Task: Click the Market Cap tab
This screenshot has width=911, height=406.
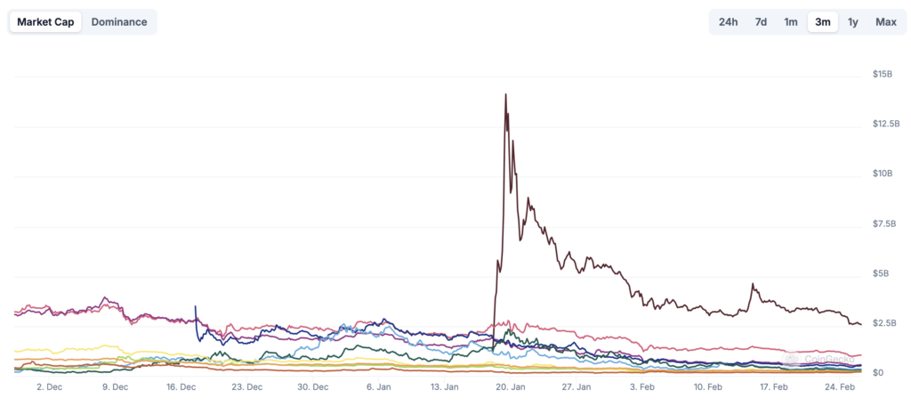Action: tap(45, 22)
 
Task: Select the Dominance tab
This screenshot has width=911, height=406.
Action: tap(119, 22)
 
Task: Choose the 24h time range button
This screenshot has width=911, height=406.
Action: tap(728, 22)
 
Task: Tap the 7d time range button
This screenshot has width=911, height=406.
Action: tap(761, 22)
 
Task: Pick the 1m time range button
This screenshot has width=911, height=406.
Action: tap(790, 22)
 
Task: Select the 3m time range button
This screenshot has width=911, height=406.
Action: tap(823, 22)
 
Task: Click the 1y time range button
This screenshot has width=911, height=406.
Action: tap(853, 22)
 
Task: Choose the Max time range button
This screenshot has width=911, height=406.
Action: tap(885, 22)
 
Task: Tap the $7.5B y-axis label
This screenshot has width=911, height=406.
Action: tap(883, 223)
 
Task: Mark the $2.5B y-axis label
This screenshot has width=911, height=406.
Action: tap(883, 323)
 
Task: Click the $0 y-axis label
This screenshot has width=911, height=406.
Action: tap(878, 373)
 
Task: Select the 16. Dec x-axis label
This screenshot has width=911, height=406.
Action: tap(181, 387)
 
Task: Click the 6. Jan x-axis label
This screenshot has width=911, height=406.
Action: tap(378, 387)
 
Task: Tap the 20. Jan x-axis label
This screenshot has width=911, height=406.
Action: tap(511, 387)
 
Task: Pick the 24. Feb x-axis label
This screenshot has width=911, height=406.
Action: tap(840, 387)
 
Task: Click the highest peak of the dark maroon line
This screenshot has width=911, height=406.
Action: tap(506, 94)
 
